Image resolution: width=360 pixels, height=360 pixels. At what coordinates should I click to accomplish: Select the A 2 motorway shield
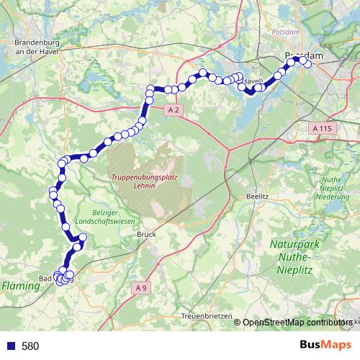click(173, 109)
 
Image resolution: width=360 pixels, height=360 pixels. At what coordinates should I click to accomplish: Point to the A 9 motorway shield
click(143, 288)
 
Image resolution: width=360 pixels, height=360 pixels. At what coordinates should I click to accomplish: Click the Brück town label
click(146, 234)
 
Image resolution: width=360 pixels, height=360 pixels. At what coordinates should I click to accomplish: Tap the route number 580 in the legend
click(30, 346)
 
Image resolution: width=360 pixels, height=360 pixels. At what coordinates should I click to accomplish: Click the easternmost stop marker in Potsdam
click(308, 64)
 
